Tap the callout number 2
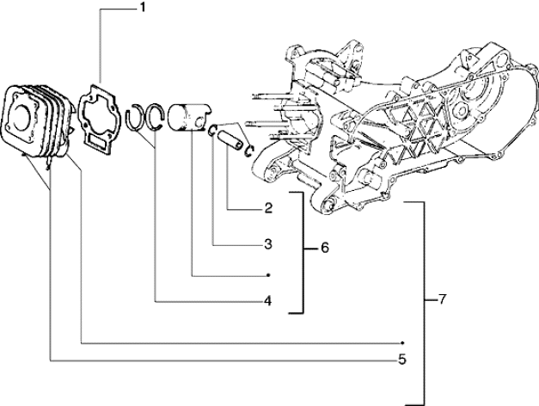coord(268,208)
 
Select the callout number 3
coord(268,244)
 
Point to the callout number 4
coord(268,301)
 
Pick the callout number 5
coord(401,358)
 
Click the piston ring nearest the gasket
coord(137,118)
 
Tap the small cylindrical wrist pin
coord(230,136)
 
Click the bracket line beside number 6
coord(303,249)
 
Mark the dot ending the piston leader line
coord(270,275)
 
